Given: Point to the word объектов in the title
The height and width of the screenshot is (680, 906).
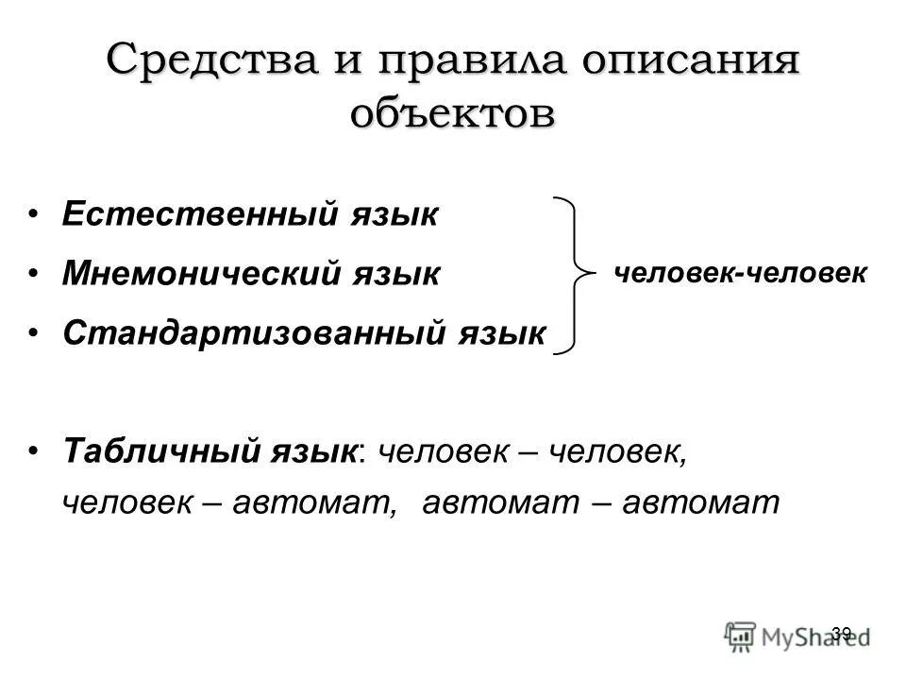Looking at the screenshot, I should pos(452,113).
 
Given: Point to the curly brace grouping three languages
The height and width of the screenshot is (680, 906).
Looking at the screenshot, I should pos(575,275).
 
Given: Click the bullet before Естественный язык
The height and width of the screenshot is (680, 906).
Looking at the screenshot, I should pos(34,213).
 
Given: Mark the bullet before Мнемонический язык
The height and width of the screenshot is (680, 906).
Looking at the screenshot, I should pos(34,273).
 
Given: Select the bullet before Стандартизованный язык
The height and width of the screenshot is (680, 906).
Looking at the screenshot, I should pos(34,332).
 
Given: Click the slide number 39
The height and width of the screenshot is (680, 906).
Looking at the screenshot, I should pos(842,633).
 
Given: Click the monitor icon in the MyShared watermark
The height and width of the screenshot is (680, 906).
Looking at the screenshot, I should pos(742,635).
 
